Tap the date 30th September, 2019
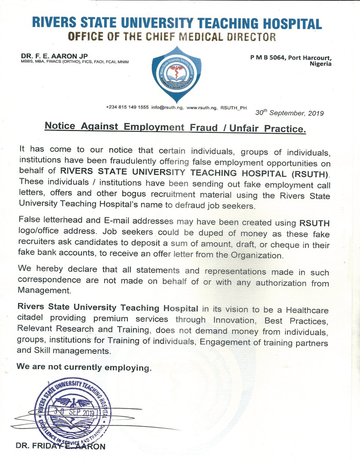pos(290,113)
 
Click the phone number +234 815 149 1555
pos(127,108)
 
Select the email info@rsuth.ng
pos(167,108)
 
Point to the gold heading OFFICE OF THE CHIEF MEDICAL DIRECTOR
pos(172,37)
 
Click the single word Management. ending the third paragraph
pos(39,291)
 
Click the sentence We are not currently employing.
pos(84,367)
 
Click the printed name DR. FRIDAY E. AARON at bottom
pos(60,446)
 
